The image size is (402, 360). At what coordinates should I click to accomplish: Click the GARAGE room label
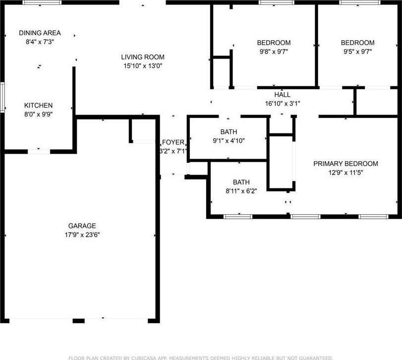(x=82, y=226)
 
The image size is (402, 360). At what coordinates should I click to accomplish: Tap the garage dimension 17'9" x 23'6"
(x=82, y=235)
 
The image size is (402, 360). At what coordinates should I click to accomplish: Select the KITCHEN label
(x=38, y=105)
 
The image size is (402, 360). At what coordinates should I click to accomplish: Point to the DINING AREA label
(x=40, y=33)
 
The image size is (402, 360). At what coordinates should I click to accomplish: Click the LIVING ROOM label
(x=143, y=57)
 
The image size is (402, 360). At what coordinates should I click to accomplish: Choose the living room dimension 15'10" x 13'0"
(x=143, y=66)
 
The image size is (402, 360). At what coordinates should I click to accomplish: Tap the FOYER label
(x=173, y=142)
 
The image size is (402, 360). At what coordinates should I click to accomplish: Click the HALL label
(x=282, y=95)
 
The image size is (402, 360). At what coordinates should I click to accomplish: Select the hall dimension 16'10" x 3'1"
(x=282, y=104)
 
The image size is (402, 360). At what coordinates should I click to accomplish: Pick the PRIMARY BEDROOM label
(x=345, y=164)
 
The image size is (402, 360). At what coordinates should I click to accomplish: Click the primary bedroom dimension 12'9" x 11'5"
(x=345, y=173)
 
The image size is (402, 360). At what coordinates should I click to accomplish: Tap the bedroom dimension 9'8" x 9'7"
(x=274, y=52)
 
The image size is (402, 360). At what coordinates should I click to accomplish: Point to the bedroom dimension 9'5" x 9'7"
(x=358, y=52)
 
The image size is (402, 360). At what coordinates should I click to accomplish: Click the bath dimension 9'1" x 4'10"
(x=229, y=141)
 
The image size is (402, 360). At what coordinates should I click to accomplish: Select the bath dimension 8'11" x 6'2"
(x=241, y=191)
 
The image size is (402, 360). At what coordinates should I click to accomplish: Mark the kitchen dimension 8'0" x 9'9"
(x=39, y=114)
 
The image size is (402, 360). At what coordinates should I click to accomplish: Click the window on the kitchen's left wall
(x=2, y=97)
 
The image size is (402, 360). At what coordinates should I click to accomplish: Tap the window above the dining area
(x=42, y=2)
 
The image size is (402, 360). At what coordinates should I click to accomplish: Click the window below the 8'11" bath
(x=238, y=217)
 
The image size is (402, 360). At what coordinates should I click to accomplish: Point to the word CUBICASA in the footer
(x=145, y=358)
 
